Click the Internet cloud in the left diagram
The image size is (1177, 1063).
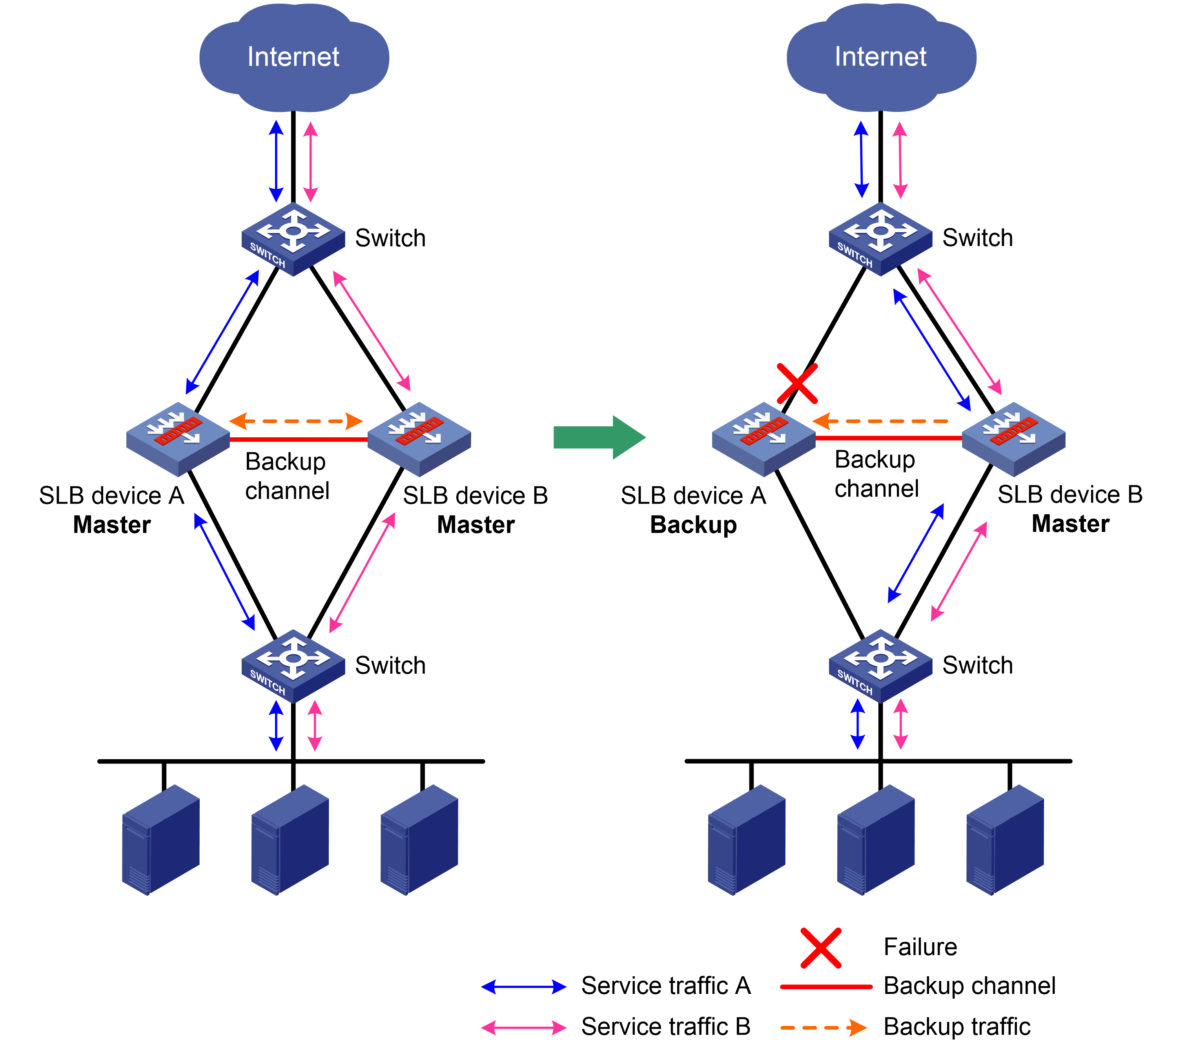click(x=294, y=57)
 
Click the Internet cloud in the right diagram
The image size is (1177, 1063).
click(x=881, y=57)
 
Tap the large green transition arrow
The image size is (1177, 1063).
click(x=599, y=437)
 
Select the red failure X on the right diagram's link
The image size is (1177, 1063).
click(x=797, y=383)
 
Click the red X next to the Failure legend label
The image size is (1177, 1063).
click(x=821, y=947)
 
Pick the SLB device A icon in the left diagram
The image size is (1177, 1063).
click(x=178, y=438)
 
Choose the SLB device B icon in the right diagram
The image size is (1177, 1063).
click(x=1013, y=438)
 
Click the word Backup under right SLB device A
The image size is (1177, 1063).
click(x=694, y=524)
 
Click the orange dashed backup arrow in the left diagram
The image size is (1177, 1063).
click(x=296, y=420)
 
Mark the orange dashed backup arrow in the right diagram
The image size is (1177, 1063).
click(x=880, y=420)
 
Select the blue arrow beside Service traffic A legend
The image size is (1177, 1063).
click(x=524, y=986)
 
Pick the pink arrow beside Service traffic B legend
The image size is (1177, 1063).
click(x=524, y=1027)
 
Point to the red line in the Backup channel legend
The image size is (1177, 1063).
click(x=826, y=986)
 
